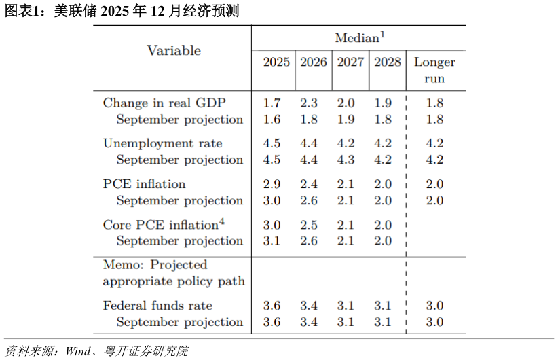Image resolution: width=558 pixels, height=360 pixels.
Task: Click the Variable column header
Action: click(x=174, y=50)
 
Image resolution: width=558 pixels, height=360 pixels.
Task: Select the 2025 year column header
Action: click(x=276, y=62)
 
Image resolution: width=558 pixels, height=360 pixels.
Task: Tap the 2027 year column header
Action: click(x=350, y=62)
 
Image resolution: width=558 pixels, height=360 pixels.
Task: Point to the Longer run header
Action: click(x=434, y=70)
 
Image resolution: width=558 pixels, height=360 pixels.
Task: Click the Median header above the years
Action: click(x=360, y=37)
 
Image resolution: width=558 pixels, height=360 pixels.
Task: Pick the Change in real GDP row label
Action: click(x=164, y=103)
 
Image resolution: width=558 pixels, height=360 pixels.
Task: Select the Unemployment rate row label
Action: click(x=163, y=143)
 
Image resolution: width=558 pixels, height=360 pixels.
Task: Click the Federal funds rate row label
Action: click(x=157, y=306)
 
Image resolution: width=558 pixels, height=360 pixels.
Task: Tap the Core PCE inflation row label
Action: click(x=164, y=225)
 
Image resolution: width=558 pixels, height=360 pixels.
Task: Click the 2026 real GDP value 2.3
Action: click(x=309, y=103)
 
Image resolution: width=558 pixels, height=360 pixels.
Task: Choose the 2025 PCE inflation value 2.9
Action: click(x=272, y=184)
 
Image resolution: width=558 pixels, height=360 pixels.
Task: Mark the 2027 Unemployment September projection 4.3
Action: click(x=346, y=160)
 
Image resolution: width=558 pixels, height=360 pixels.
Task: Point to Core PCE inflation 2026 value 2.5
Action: click(x=309, y=225)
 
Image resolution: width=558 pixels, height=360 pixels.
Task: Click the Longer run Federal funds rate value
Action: click(x=434, y=306)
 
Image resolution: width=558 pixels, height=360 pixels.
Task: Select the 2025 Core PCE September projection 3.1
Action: click(x=272, y=241)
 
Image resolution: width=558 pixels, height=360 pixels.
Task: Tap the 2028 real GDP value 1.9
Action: click(x=383, y=103)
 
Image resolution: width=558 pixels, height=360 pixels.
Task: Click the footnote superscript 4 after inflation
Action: click(x=222, y=221)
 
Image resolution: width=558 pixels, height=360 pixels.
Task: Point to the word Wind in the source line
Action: click(x=77, y=351)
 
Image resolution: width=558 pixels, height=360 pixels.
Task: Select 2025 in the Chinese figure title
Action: click(x=115, y=11)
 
